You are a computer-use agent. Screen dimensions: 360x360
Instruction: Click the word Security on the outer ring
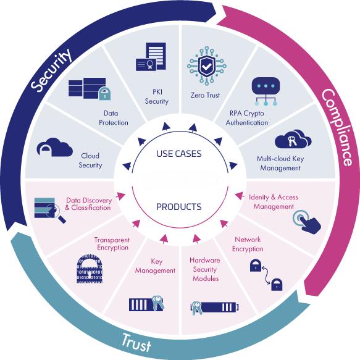point(51,70)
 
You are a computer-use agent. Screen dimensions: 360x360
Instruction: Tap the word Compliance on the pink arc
point(337,127)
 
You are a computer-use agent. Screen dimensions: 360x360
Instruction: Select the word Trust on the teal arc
point(136,342)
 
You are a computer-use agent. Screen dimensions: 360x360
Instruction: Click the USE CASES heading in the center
point(179,154)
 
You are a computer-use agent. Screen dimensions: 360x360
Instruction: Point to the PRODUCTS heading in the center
point(179,207)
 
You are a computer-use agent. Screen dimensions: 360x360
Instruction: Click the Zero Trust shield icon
point(207,65)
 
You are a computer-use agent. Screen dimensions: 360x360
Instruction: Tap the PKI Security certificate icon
point(151,57)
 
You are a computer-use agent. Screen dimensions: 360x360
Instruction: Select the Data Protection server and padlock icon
point(90,89)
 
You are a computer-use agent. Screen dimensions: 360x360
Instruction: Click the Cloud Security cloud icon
point(54,147)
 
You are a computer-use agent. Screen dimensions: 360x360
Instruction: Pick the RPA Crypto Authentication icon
point(266,91)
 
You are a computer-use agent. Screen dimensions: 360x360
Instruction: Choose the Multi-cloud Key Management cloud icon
point(293,139)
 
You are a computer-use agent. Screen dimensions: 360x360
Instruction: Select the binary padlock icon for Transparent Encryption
point(90,269)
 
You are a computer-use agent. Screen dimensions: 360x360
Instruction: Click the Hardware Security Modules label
point(205,269)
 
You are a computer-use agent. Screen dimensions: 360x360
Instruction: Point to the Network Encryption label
point(248,245)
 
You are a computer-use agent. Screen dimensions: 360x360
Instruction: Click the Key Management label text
point(155,266)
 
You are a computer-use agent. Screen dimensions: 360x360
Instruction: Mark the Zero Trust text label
point(205,95)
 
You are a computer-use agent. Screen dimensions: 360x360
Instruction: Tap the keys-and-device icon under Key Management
point(147,303)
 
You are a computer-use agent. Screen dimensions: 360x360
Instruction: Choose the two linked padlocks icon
point(266,275)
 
